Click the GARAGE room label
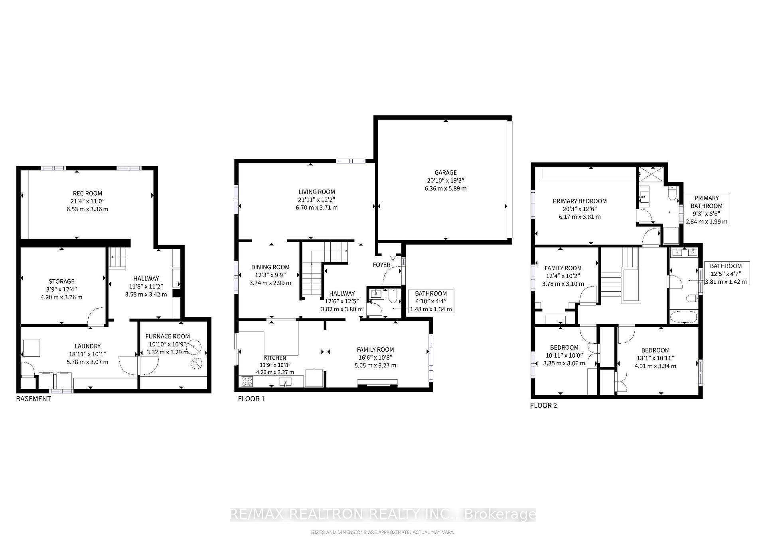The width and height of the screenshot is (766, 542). pyautogui.click(x=445, y=172)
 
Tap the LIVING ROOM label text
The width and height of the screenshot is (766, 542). pyautogui.click(x=317, y=192)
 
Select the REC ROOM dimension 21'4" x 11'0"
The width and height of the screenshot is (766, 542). pyautogui.click(x=87, y=201)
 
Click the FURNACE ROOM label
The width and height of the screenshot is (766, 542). pyautogui.click(x=168, y=336)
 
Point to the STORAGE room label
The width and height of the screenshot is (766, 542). pyautogui.click(x=61, y=281)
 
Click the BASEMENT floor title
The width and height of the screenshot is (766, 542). pyautogui.click(x=34, y=398)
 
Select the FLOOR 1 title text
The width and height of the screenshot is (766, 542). pyautogui.click(x=251, y=398)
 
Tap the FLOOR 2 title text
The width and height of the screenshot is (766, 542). pyautogui.click(x=543, y=405)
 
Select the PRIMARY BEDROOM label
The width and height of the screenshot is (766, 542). pyautogui.click(x=579, y=201)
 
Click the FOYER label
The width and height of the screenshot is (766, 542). pyautogui.click(x=381, y=265)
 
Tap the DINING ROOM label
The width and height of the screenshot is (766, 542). pyautogui.click(x=270, y=267)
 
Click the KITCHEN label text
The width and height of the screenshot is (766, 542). pyautogui.click(x=275, y=358)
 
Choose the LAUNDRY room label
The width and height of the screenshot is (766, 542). pyautogui.click(x=87, y=346)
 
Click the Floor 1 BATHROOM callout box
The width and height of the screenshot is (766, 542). pyautogui.click(x=431, y=301)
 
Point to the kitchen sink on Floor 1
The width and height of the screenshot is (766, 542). pyautogui.click(x=286, y=382)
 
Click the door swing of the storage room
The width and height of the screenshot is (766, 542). pyautogui.click(x=96, y=315)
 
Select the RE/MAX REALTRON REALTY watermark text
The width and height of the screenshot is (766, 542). pyautogui.click(x=383, y=514)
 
